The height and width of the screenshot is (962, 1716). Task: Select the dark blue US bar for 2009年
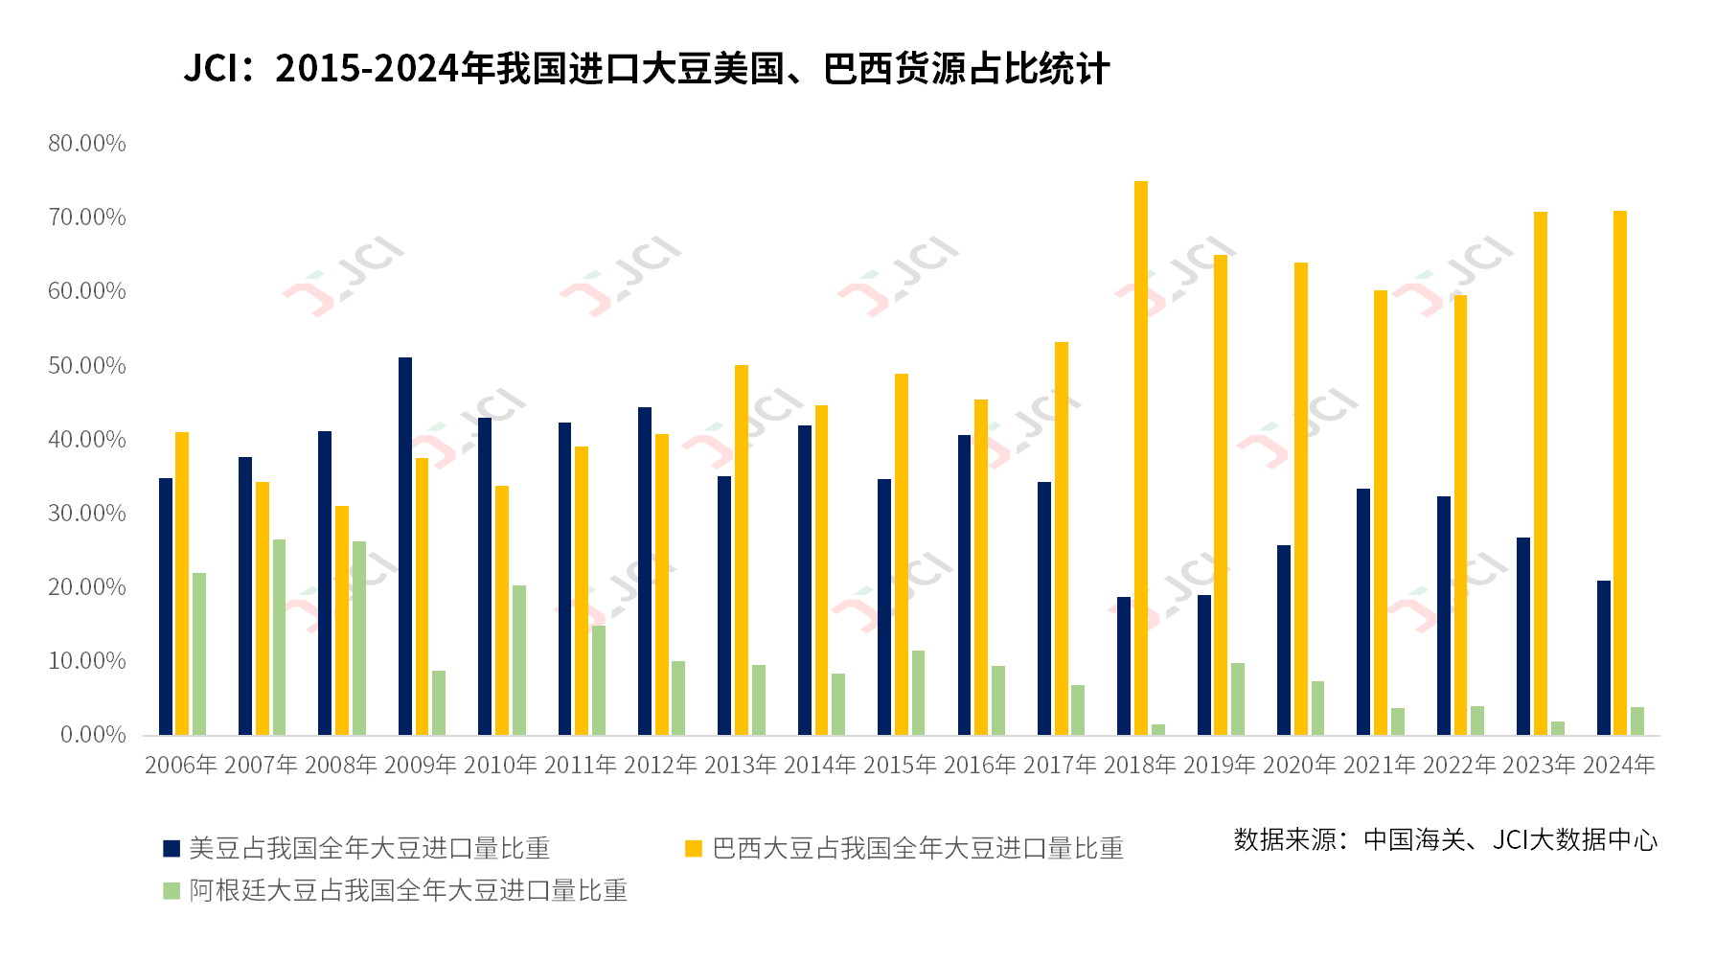pyautogui.click(x=405, y=546)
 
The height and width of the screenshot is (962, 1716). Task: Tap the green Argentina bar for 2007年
pyautogui.click(x=279, y=637)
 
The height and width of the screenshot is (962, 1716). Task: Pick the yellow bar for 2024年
pyautogui.click(x=1620, y=473)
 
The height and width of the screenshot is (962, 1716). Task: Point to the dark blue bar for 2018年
pyautogui.click(x=1124, y=666)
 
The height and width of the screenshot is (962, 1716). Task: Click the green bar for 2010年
pyautogui.click(x=519, y=660)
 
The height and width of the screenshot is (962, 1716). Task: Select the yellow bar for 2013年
pyautogui.click(x=742, y=550)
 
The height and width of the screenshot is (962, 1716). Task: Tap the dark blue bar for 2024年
pyautogui.click(x=1604, y=658)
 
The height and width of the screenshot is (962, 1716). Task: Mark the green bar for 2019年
pyautogui.click(x=1238, y=699)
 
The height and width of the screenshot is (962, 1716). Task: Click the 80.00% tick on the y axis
pyautogui.click(x=87, y=144)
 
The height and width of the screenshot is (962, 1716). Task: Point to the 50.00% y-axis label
pyautogui.click(x=87, y=366)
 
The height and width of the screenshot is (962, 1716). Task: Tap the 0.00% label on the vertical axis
pyautogui.click(x=93, y=735)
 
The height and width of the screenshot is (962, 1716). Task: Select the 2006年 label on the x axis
pyautogui.click(x=181, y=765)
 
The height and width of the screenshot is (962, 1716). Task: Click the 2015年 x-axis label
pyautogui.click(x=900, y=765)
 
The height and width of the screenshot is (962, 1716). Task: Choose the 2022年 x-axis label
pyautogui.click(x=1459, y=765)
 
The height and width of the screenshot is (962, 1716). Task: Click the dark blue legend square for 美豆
pyautogui.click(x=172, y=848)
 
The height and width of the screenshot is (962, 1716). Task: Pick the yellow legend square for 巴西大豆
pyautogui.click(x=694, y=848)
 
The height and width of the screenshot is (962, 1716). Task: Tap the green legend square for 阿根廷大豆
pyautogui.click(x=172, y=891)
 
